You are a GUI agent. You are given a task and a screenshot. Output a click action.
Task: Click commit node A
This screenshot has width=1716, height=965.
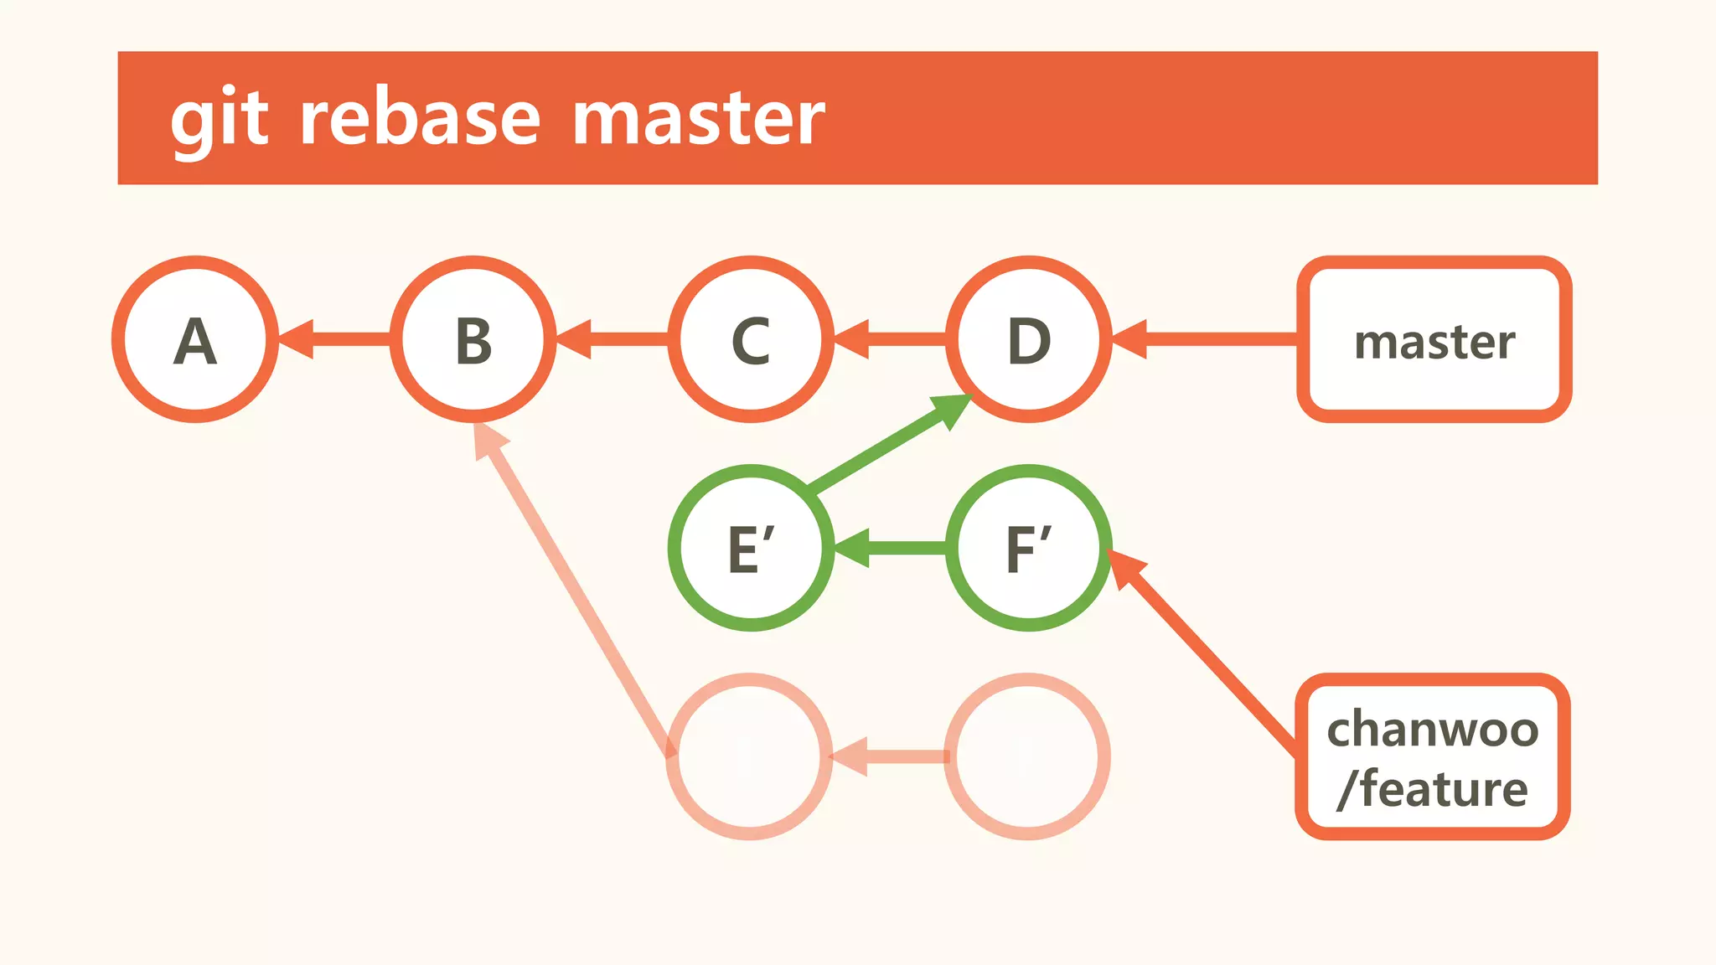pos(195,339)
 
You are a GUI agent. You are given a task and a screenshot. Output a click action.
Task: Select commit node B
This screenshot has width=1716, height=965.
pos(473,339)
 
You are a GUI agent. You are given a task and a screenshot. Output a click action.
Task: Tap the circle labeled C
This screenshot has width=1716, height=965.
pos(751,339)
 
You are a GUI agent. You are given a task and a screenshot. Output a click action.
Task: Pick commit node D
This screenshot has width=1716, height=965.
pos(1029,339)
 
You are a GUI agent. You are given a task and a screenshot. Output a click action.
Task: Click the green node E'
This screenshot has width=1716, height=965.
pos(751,548)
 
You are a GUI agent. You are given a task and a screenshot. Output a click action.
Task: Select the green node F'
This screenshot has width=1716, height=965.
pos(1029,548)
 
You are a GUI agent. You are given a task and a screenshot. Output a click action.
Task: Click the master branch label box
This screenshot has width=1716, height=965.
pos(1434,339)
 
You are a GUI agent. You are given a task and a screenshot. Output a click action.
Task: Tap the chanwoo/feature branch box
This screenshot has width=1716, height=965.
pos(1433,756)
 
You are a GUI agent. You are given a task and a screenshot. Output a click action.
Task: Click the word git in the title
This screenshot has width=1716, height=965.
pos(220,119)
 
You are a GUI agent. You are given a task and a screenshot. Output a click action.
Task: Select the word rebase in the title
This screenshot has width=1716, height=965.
pos(420,119)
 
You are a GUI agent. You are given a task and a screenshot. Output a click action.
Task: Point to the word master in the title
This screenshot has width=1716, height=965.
pos(699,119)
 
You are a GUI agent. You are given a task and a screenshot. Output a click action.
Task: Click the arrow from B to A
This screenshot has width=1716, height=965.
pos(335,339)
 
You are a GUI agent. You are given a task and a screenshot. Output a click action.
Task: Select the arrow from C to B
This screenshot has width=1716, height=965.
pos(612,339)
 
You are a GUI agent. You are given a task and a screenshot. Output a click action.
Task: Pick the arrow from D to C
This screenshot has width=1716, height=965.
pos(891,339)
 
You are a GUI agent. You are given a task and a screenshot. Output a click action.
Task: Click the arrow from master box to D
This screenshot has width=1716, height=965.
pos(1207,339)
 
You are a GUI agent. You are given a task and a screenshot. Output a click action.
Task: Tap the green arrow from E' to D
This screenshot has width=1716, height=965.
pos(888,445)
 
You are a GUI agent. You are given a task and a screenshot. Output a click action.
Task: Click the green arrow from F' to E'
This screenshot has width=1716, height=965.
pos(891,548)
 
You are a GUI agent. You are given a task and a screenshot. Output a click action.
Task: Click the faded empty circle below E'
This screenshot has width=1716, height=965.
pos(749,756)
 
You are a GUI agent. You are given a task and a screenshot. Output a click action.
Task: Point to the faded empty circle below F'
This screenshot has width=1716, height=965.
pos(1027,756)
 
